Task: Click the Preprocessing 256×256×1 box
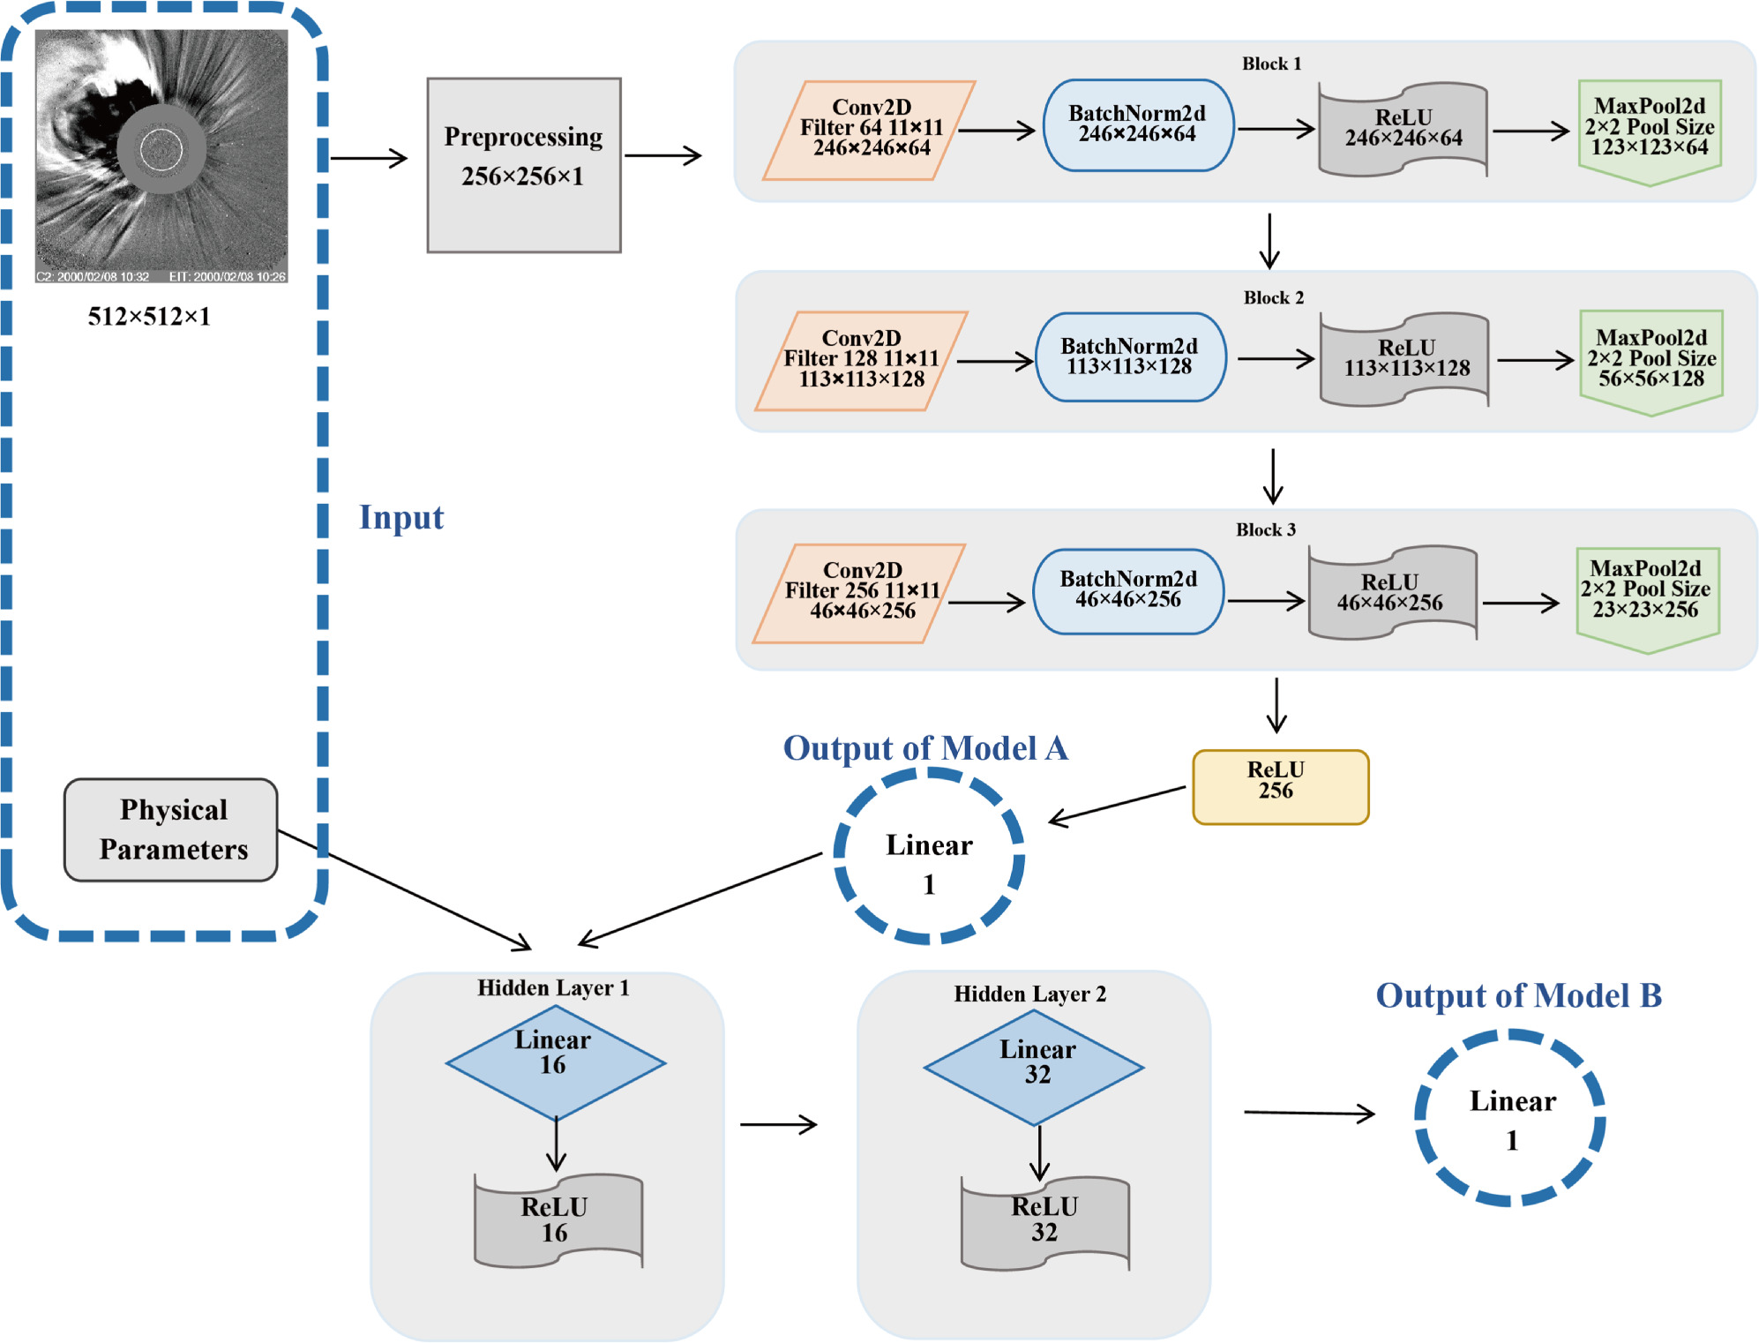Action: (524, 165)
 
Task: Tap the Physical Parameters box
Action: (171, 829)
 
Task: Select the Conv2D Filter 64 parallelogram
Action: (870, 130)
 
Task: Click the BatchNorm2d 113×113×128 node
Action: (1130, 357)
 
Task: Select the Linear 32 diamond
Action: (1034, 1067)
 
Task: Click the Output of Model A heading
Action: (925, 748)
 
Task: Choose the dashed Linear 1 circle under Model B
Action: (1509, 1118)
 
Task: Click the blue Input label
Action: (401, 517)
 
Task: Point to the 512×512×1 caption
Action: (149, 317)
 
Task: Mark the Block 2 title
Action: (1273, 298)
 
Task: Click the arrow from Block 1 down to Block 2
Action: (1269, 240)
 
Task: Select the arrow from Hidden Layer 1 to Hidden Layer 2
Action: (778, 1124)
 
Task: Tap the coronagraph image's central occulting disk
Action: (161, 148)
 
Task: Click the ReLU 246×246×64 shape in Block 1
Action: (1403, 130)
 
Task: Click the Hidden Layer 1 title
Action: (553, 988)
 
